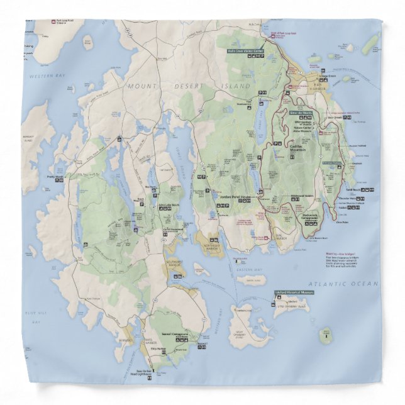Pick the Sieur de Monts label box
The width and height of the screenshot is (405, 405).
coord(301,113)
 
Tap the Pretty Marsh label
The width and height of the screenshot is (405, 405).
coord(55,177)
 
